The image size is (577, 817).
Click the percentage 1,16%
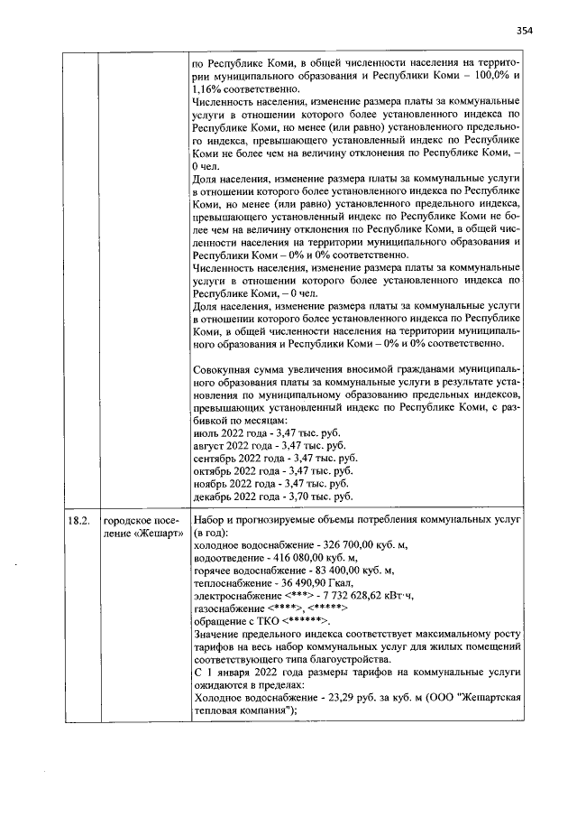208,90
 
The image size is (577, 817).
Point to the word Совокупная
227,369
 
